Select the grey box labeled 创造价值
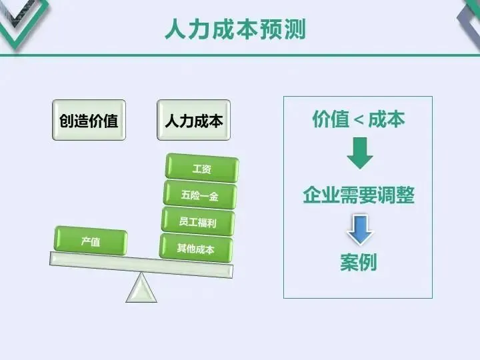(89, 121)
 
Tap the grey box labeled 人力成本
(193, 121)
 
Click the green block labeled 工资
(201, 169)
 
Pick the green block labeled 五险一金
(199, 195)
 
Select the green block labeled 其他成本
(196, 248)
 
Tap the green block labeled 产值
(91, 241)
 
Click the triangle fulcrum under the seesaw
(141, 288)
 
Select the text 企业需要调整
(359, 195)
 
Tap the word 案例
(359, 262)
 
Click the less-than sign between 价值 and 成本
(359, 120)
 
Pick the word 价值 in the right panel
(331, 119)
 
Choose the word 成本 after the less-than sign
(387, 119)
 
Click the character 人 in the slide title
(176, 29)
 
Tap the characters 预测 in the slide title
(283, 29)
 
